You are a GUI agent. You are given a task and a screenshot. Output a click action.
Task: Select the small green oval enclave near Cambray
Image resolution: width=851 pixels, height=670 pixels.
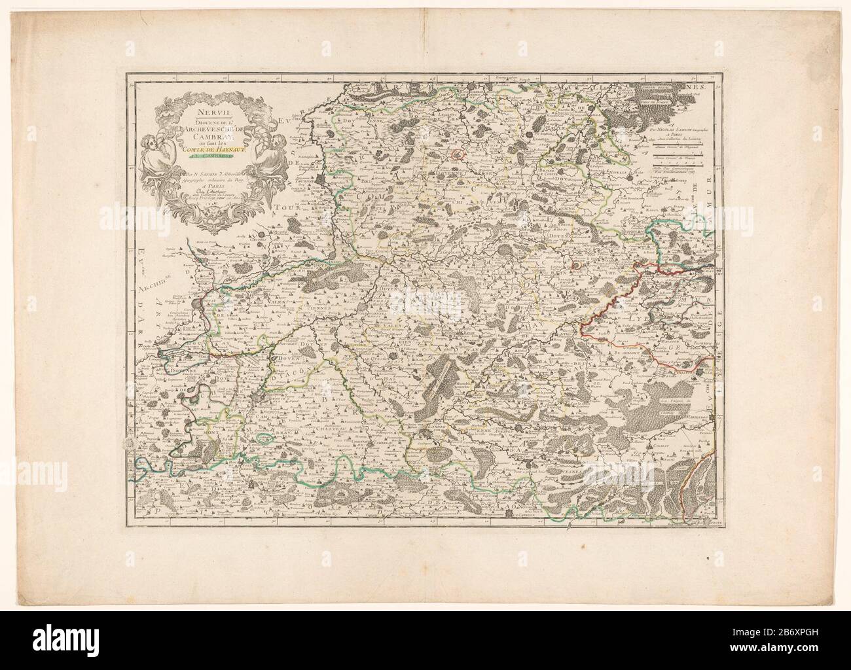pos(267,438)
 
